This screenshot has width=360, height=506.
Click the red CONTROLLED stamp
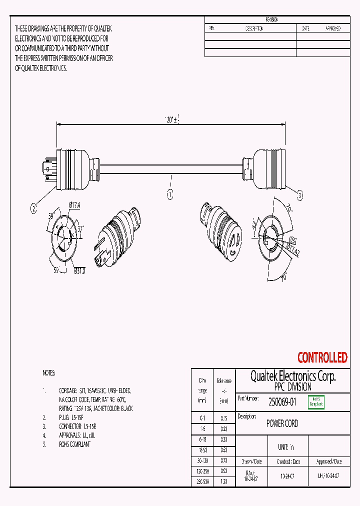[322, 357]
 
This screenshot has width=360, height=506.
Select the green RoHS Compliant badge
[316, 401]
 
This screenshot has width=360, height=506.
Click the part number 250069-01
[282, 401]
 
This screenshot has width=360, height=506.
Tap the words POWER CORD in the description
[282, 423]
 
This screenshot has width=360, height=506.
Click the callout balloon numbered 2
[34, 209]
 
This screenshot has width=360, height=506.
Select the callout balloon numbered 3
[300, 196]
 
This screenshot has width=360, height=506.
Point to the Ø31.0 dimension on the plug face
[79, 270]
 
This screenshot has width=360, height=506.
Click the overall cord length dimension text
[172, 119]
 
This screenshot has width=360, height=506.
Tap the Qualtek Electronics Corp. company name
[292, 376]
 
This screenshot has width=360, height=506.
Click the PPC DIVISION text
[292, 387]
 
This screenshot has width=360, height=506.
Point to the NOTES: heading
[49, 373]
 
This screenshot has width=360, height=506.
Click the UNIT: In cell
[286, 447]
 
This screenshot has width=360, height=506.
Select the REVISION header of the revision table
[272, 19]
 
